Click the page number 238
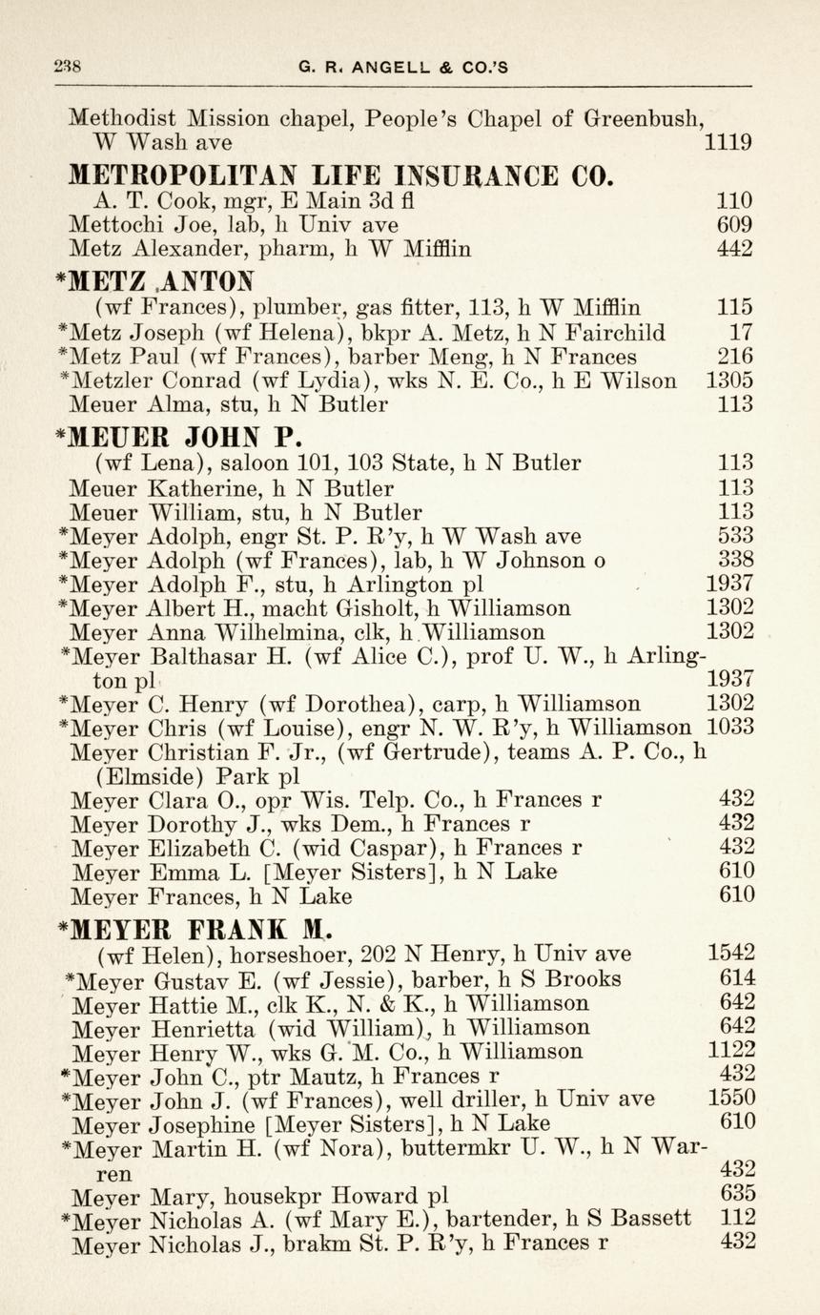[67, 67]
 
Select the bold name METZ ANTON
[157, 282]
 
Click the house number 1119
[728, 144]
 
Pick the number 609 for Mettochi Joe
[734, 225]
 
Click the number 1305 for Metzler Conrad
[728, 380]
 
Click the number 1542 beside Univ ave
[731, 953]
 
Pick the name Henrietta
[204, 1027]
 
